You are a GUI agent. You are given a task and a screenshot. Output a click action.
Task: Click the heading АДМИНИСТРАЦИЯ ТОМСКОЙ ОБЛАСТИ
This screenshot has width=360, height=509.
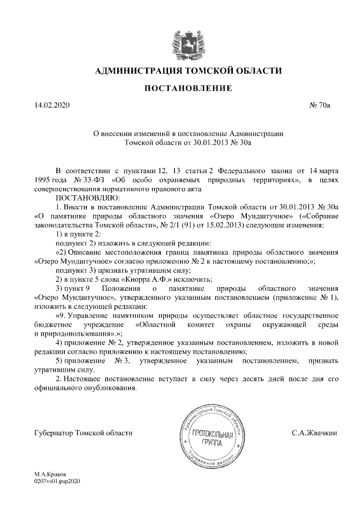point(180,71)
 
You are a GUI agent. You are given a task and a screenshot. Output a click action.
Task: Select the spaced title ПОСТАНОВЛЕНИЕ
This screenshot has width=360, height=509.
point(180,88)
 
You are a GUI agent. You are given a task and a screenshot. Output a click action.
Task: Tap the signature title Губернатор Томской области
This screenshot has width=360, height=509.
point(83,433)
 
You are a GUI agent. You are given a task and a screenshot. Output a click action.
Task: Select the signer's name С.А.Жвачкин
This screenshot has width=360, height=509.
point(314,433)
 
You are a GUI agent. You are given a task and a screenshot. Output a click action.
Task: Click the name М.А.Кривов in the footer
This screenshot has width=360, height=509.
point(49,475)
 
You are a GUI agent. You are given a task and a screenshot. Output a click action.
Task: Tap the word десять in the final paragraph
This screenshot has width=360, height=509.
point(254,379)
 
